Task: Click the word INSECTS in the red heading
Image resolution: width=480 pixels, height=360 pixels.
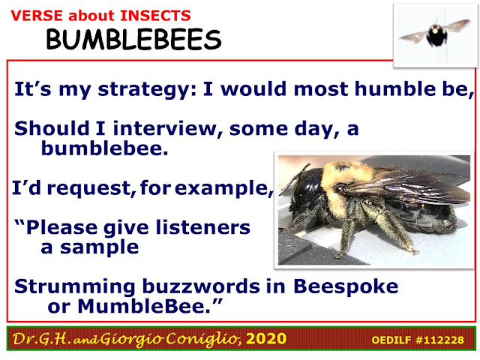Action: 155,16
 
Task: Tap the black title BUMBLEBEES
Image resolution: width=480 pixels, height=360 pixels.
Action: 133,40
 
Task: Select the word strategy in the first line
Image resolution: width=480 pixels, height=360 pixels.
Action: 147,90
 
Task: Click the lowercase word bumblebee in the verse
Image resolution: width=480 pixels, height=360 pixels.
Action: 105,148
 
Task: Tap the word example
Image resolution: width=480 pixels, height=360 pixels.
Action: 223,188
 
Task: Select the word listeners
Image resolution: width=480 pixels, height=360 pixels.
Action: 203,227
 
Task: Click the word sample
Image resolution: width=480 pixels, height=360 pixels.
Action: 99,247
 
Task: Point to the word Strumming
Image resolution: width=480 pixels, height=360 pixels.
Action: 75,287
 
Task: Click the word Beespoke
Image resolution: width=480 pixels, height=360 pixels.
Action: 346,287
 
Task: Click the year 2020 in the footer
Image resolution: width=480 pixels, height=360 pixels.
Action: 266,338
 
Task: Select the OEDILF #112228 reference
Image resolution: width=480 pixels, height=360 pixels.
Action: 418,340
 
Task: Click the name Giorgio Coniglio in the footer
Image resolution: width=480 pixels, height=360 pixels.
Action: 169,339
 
